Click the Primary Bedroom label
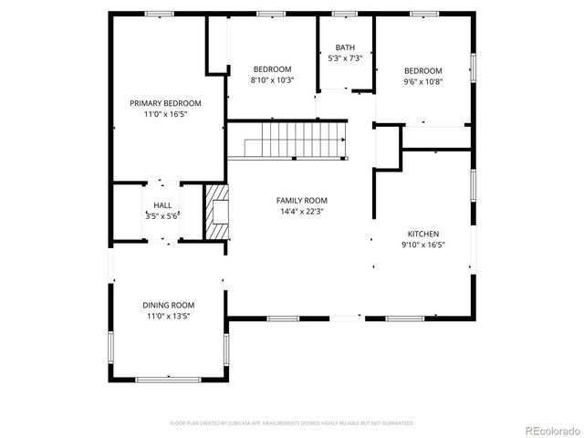click(165, 103)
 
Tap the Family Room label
click(302, 200)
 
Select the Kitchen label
click(422, 234)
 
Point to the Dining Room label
click(168, 305)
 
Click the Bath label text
click(345, 47)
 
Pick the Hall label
click(162, 205)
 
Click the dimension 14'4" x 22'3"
click(302, 211)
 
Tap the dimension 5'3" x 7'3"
click(345, 58)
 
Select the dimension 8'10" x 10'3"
click(272, 80)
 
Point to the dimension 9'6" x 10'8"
click(423, 81)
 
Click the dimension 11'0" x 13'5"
click(168, 316)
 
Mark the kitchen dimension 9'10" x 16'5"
click(422, 245)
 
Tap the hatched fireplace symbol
click(215, 212)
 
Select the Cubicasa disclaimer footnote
click(292, 423)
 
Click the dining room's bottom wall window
click(168, 378)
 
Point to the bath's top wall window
click(344, 13)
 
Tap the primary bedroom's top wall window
click(160, 13)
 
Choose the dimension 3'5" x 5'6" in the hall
click(162, 216)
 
